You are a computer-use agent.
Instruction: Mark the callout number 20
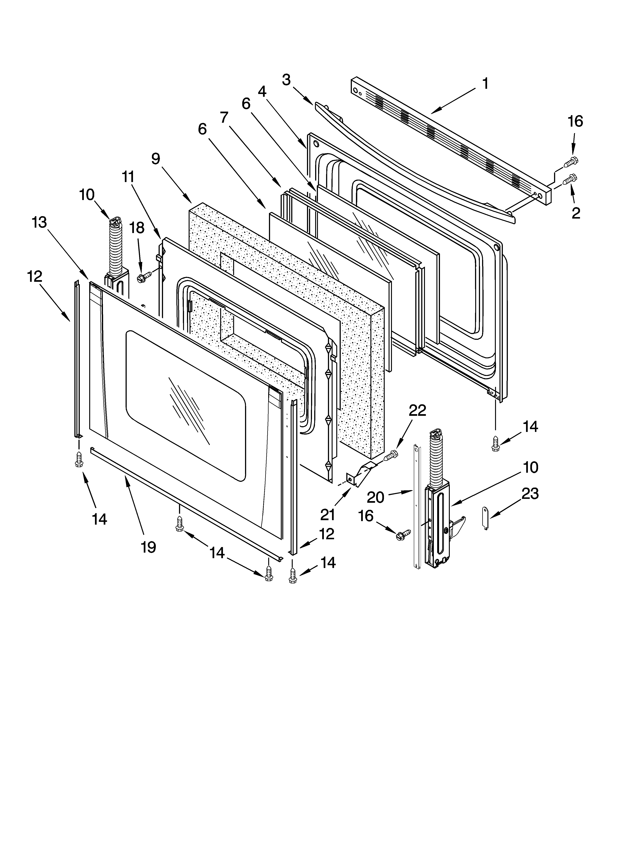tap(376, 497)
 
